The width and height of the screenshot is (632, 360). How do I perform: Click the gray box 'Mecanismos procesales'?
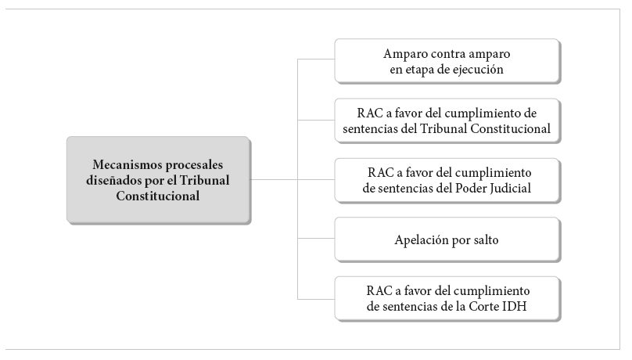click(x=159, y=180)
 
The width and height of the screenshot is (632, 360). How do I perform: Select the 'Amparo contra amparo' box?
click(x=447, y=61)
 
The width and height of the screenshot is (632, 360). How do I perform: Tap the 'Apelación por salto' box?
click(x=447, y=239)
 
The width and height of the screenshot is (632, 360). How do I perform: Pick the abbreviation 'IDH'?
click(x=514, y=306)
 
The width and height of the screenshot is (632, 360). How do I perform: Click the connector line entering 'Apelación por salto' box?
click(x=316, y=238)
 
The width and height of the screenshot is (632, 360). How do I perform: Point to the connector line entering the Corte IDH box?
click(x=316, y=299)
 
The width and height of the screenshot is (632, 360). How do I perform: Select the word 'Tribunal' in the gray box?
click(x=204, y=180)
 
